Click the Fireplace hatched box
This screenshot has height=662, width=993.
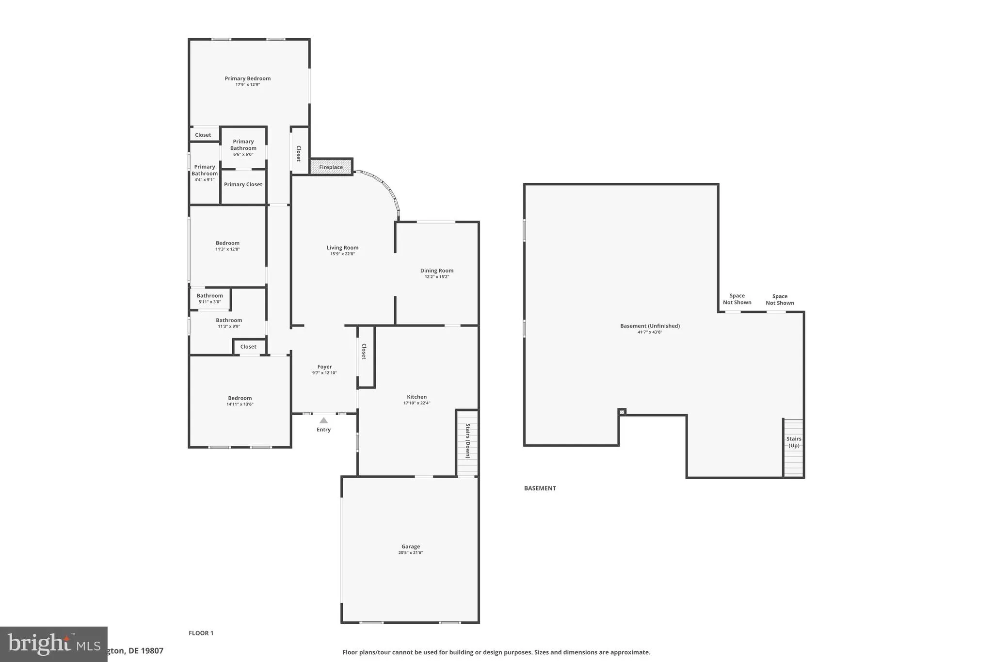click(331, 167)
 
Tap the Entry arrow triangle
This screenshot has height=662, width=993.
click(323, 420)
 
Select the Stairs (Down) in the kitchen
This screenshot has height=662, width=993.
click(467, 442)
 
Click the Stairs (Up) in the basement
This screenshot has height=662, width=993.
click(793, 447)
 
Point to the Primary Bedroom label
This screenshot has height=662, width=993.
click(247, 79)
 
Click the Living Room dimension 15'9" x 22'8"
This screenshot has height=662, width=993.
click(342, 254)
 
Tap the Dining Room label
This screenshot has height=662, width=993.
click(436, 271)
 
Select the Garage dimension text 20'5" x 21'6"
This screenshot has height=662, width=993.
click(410, 552)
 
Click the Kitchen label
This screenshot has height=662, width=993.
click(416, 397)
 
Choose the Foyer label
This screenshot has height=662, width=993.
click(324, 367)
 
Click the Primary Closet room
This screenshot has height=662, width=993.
click(243, 185)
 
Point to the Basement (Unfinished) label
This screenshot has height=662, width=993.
click(650, 326)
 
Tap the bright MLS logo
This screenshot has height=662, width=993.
click(53, 644)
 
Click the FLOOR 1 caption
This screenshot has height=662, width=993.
click(201, 633)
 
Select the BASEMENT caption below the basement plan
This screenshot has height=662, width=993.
click(540, 488)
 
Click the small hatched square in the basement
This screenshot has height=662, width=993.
click(621, 412)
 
